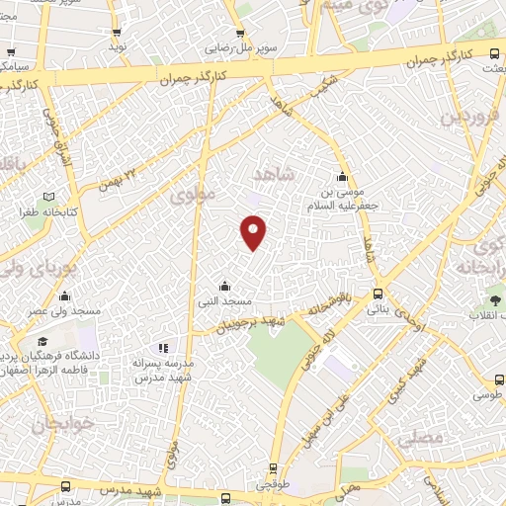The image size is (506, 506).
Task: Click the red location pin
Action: (x=255, y=231)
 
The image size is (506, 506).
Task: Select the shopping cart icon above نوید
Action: (x=116, y=32)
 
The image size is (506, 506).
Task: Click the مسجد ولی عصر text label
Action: (x=66, y=311)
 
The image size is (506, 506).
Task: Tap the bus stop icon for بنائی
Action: (x=378, y=294)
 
